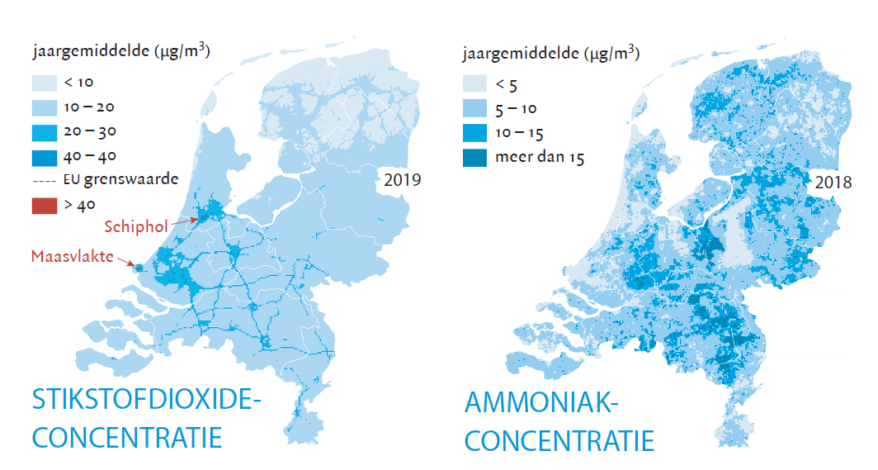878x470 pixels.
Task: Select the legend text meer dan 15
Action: pyautogui.click(x=539, y=158)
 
